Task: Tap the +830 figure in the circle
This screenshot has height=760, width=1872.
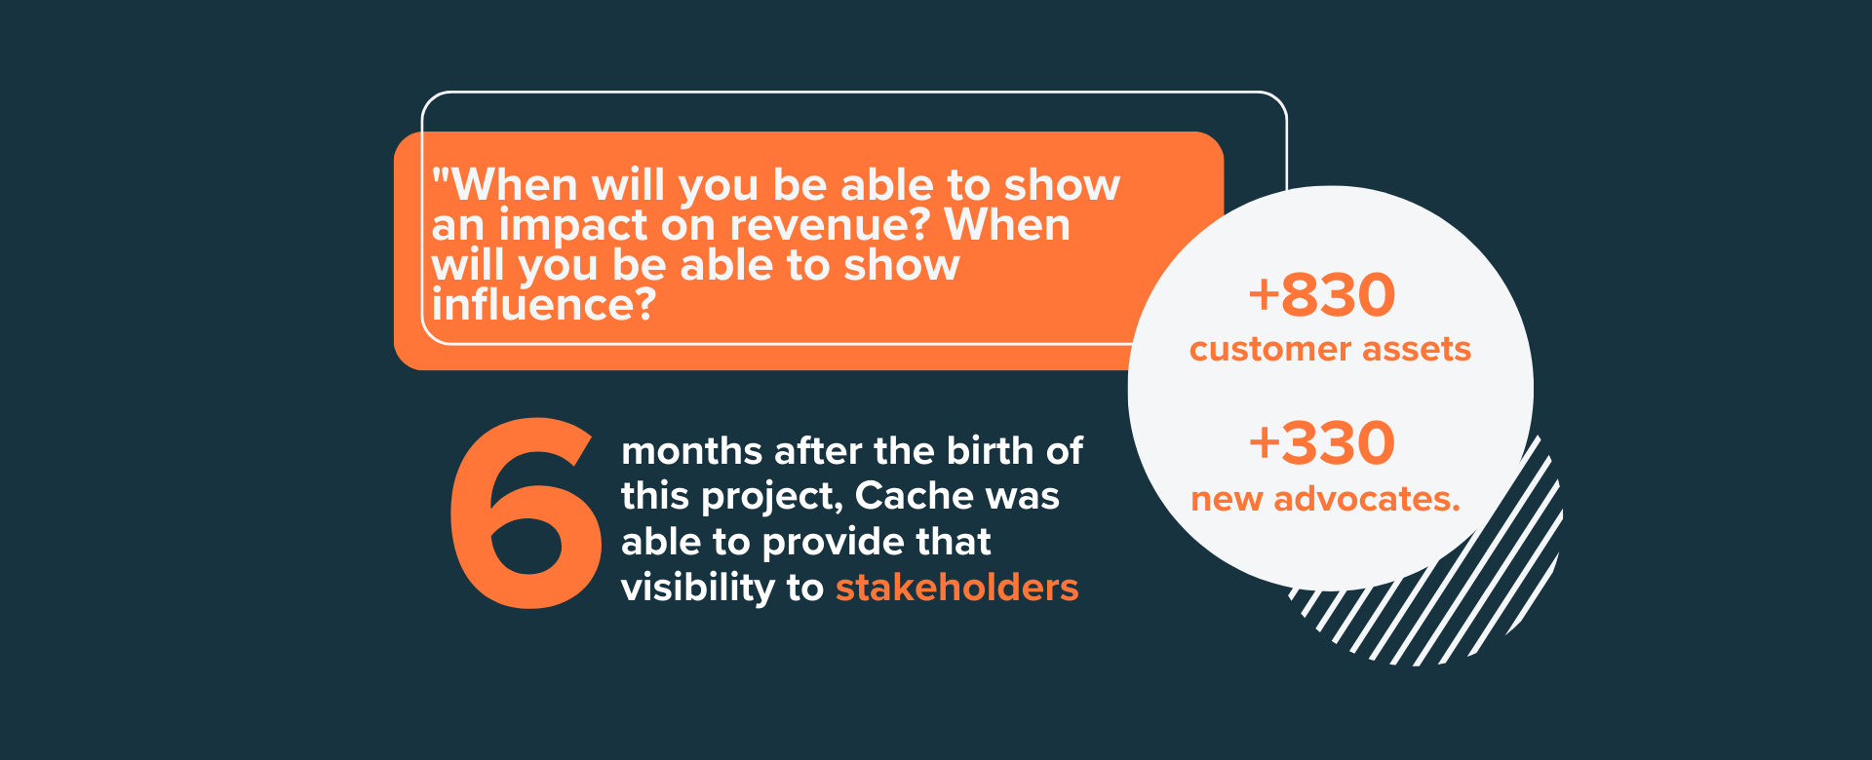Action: (1322, 294)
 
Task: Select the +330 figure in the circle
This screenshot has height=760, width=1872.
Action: (1322, 442)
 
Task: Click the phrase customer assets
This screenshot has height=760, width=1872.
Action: (1330, 349)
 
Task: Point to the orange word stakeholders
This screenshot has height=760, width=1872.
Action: (957, 588)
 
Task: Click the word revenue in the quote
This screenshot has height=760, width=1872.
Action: (827, 225)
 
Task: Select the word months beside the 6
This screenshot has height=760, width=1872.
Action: (692, 451)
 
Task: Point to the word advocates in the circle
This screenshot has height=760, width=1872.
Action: (1367, 499)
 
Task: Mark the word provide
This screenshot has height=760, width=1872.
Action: (827, 543)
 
